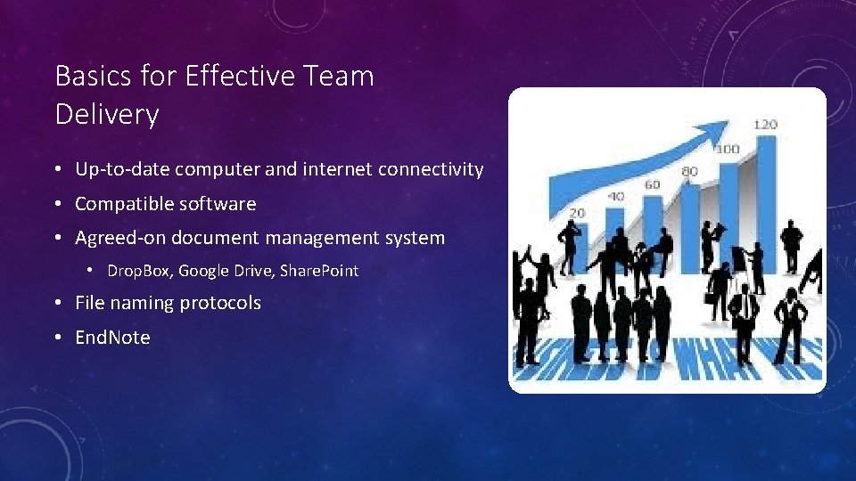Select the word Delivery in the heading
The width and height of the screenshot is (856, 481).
click(x=107, y=115)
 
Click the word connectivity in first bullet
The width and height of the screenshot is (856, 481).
click(x=431, y=169)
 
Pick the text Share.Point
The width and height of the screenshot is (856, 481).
click(x=319, y=271)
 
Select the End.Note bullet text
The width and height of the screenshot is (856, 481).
click(x=112, y=338)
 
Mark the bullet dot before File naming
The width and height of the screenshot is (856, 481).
click(x=56, y=304)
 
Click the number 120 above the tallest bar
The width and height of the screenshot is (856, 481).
click(x=765, y=125)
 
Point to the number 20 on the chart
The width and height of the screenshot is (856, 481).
click(x=577, y=213)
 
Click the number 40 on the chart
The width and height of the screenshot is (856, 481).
click(x=616, y=196)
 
